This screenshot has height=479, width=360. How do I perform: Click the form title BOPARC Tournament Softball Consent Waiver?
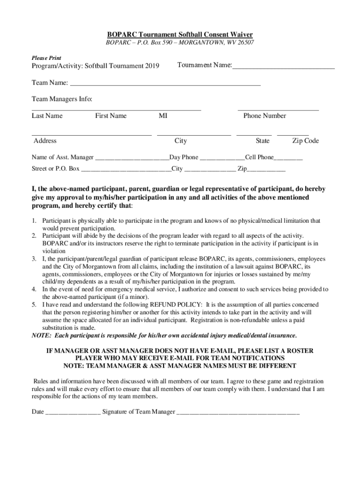[180, 35]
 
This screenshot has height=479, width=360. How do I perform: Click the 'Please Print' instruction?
[46, 58]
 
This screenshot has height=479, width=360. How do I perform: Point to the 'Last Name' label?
[47, 116]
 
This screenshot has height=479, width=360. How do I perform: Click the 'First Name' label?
[111, 116]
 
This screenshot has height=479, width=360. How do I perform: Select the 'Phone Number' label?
[265, 116]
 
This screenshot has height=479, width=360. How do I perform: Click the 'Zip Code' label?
[305, 141]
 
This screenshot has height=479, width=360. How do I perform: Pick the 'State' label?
[262, 141]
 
